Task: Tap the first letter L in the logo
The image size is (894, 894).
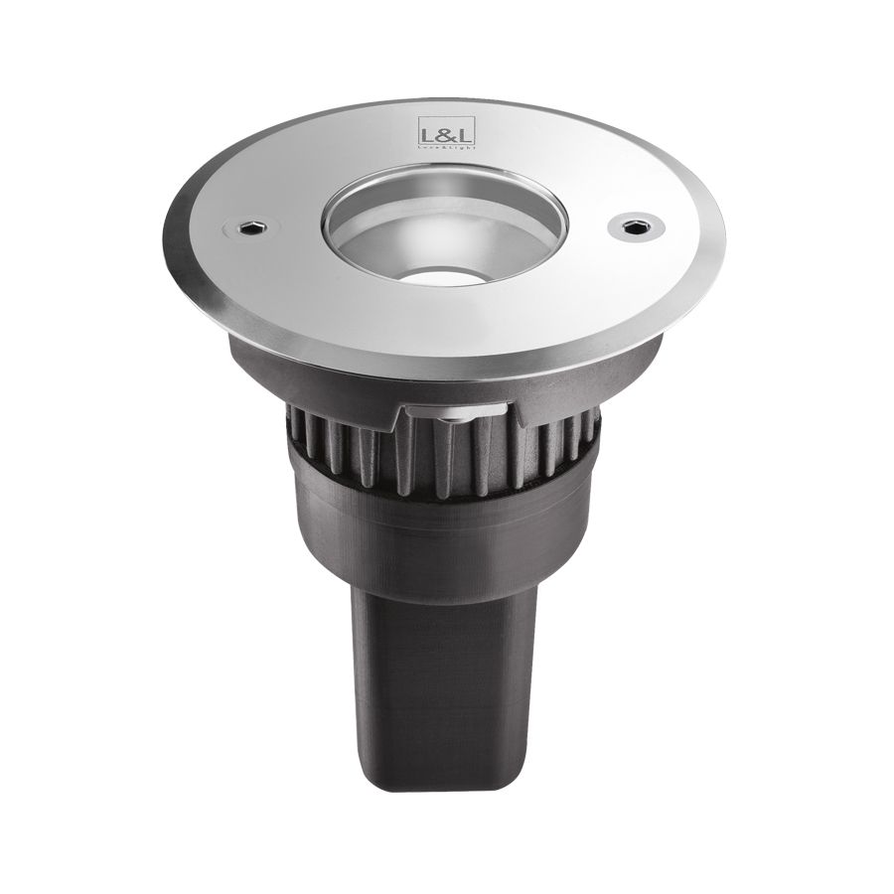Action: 422,133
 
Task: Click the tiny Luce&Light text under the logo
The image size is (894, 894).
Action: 436,145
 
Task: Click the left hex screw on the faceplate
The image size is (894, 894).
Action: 250,227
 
